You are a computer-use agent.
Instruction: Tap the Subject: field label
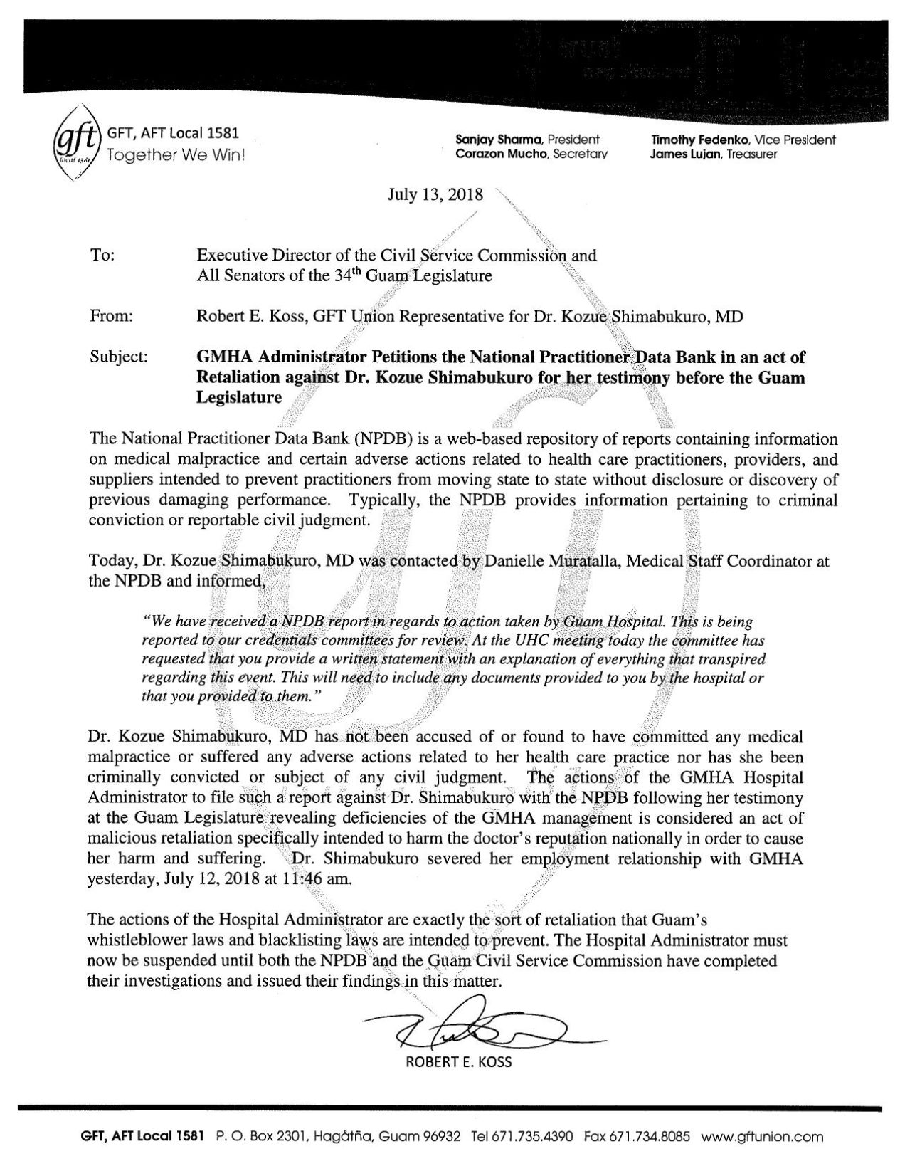(118, 357)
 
